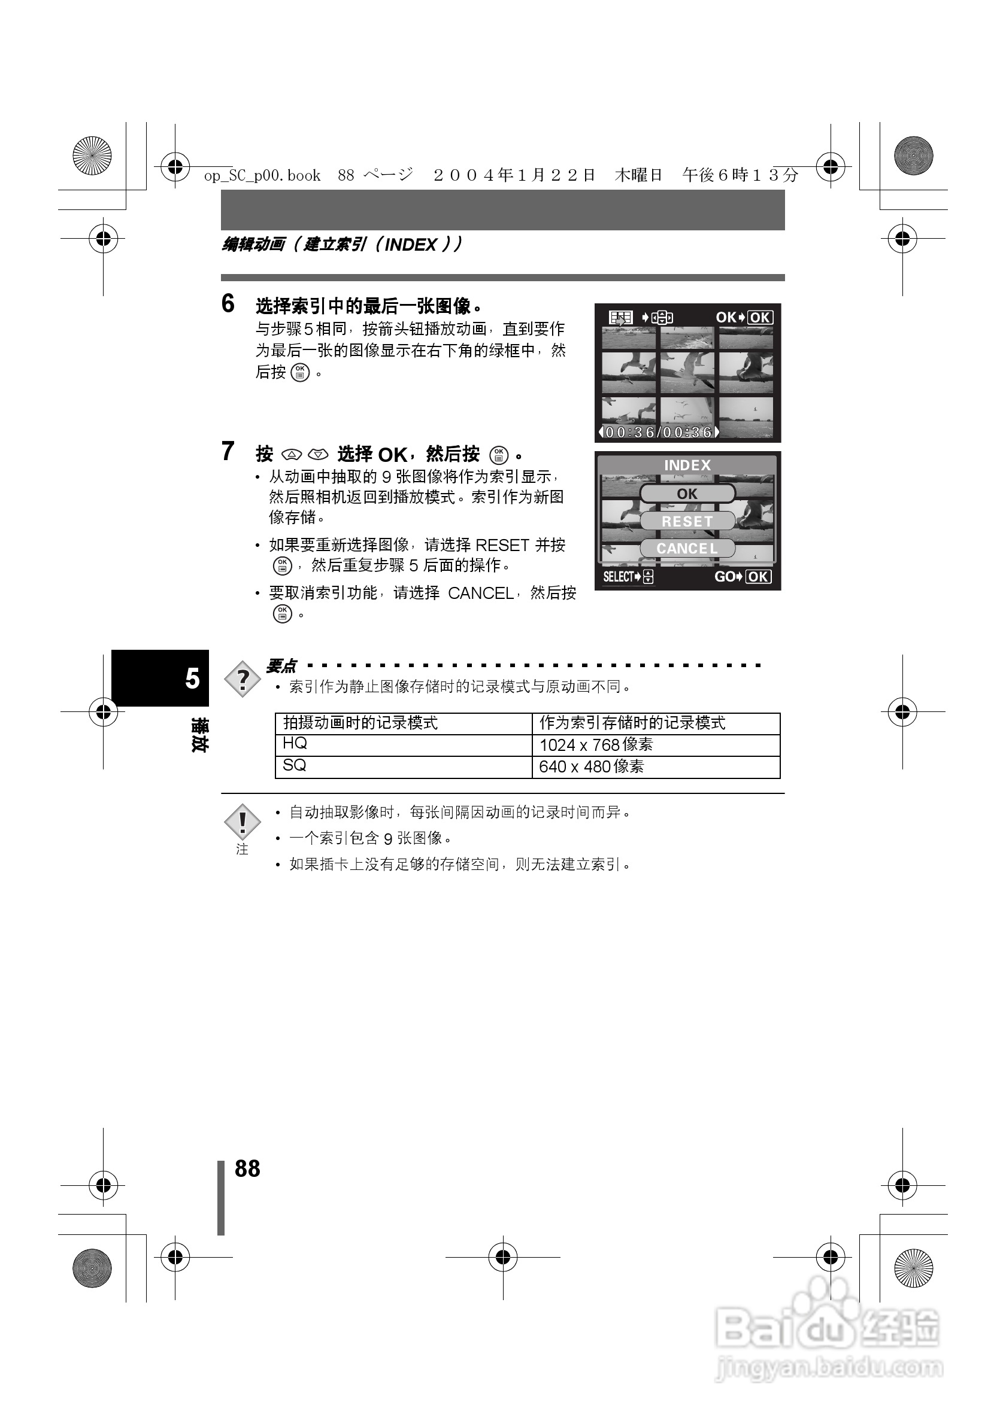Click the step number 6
(x=228, y=303)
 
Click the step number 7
(x=228, y=452)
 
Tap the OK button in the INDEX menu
(x=687, y=494)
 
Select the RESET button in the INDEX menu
(x=687, y=521)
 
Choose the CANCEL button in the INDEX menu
(x=687, y=548)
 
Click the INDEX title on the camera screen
(x=687, y=465)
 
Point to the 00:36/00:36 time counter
(x=659, y=432)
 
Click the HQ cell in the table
(x=295, y=744)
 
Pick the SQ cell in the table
(x=295, y=766)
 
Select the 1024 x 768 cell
(x=596, y=745)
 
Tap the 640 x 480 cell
(x=592, y=767)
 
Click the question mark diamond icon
(x=243, y=679)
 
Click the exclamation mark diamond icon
(x=242, y=823)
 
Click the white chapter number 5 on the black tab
(x=192, y=678)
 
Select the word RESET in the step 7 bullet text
(x=501, y=545)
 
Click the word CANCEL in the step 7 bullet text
(x=480, y=594)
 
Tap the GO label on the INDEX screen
(x=724, y=577)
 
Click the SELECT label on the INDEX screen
(x=618, y=577)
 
